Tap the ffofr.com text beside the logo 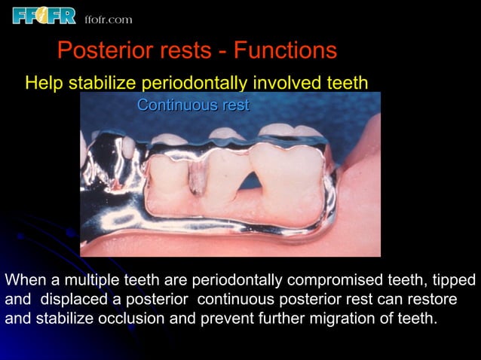point(108,19)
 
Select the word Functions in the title point(285,51)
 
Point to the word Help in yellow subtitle point(44,82)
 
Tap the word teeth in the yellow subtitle point(346,82)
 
